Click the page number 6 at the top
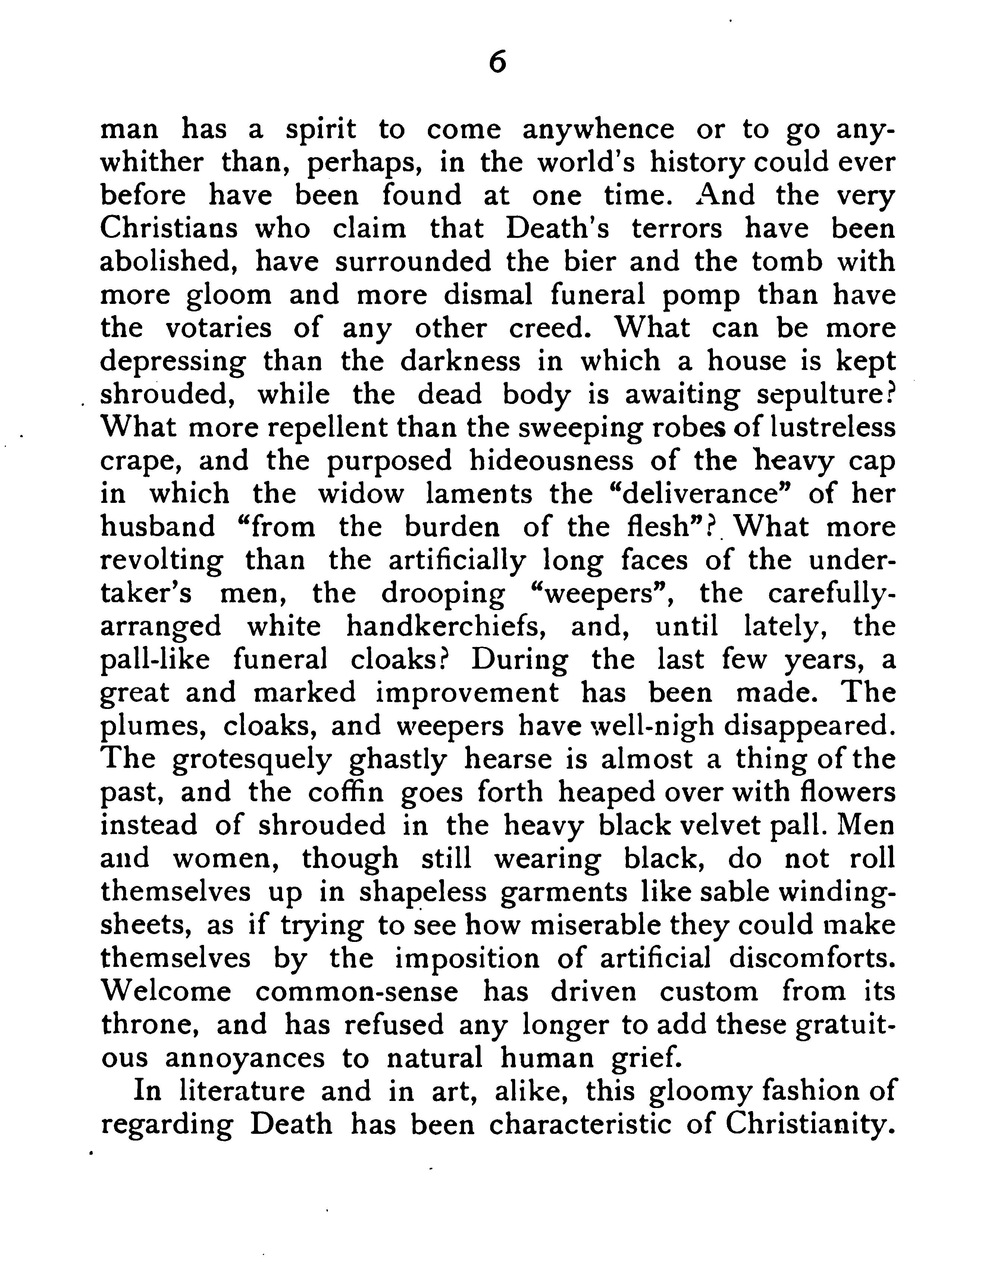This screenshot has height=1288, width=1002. (498, 62)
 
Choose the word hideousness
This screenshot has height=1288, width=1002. (551, 461)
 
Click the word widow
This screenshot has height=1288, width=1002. (361, 494)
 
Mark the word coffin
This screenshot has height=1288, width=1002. (346, 792)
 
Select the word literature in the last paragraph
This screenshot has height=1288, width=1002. (242, 1091)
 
